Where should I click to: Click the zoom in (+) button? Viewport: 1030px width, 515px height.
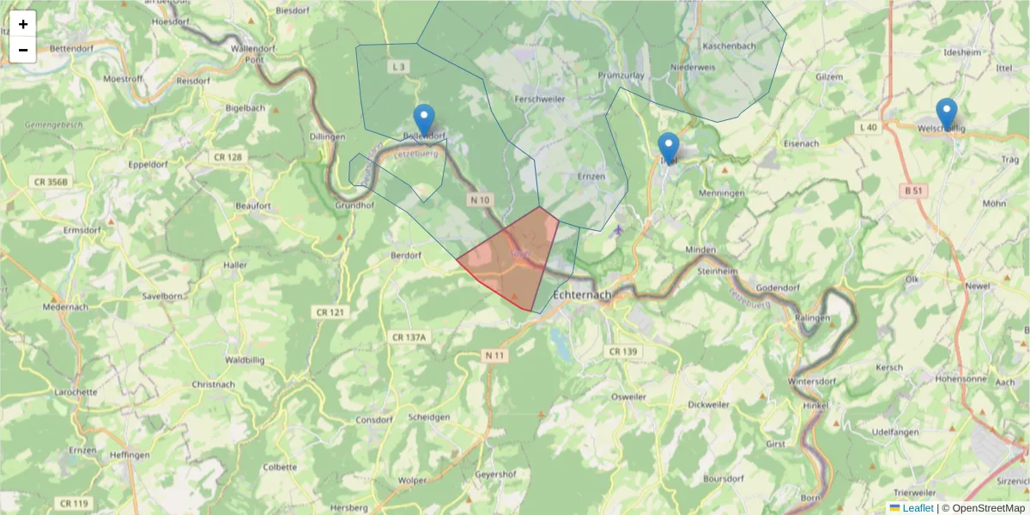[23, 24]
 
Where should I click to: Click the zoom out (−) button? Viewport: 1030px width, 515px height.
[23, 50]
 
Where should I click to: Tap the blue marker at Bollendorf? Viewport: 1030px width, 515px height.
[424, 120]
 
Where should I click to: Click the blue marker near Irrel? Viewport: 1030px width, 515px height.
[669, 148]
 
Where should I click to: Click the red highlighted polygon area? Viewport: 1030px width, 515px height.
[511, 257]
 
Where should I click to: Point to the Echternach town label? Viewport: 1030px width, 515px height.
[584, 294]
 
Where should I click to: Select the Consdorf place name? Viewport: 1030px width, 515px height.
[373, 420]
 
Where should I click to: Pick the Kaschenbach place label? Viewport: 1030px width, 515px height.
[729, 45]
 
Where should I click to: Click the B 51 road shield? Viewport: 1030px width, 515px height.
[913, 191]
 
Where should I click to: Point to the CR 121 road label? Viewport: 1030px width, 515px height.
[330, 312]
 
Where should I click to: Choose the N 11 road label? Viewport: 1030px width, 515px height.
[494, 354]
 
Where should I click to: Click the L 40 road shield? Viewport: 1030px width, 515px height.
[868, 127]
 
